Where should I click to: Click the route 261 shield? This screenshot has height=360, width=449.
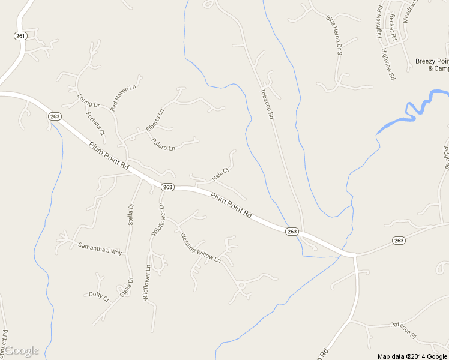(20, 36)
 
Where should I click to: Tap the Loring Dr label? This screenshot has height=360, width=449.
(88, 101)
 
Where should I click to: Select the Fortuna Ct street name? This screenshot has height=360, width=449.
(95, 123)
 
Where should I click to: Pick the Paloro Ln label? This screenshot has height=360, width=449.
(163, 144)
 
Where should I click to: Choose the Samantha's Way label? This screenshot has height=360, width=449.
(100, 249)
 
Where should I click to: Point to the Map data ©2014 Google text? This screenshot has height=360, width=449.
(412, 356)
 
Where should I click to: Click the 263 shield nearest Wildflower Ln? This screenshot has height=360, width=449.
(167, 187)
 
